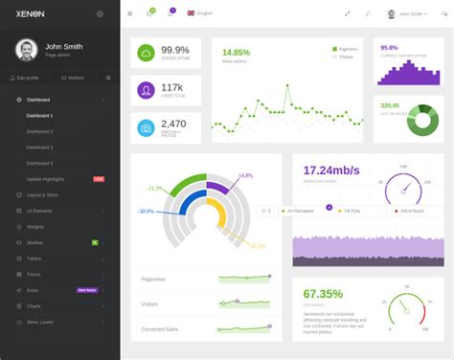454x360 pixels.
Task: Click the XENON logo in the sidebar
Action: click(29, 13)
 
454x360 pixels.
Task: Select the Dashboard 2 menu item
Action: click(39, 131)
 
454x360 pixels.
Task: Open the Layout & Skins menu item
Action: click(42, 194)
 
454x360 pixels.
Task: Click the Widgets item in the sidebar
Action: click(34, 227)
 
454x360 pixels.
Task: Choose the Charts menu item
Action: click(34, 305)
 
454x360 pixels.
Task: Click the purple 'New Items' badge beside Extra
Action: click(87, 290)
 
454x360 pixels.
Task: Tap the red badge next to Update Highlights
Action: click(99, 179)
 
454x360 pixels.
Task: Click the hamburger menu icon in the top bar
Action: click(130, 13)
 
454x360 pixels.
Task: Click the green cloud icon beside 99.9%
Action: click(146, 54)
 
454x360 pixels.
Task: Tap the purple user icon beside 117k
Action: click(146, 91)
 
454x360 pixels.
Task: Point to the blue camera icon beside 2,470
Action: click(146, 127)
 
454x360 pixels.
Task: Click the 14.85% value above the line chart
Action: click(237, 52)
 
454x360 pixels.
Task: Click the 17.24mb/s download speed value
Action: click(331, 169)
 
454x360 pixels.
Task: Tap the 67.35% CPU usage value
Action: click(323, 294)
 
